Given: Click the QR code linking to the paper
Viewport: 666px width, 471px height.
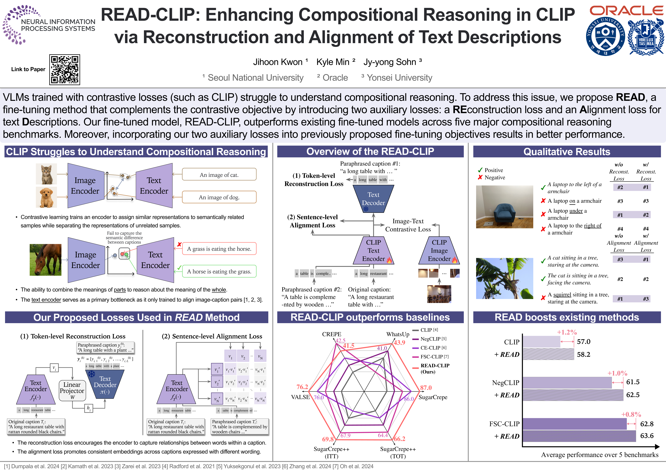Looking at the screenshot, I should click(x=64, y=70).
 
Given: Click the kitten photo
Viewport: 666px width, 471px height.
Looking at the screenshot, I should click(x=46, y=174).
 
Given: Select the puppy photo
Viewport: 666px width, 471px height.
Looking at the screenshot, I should click(x=46, y=197).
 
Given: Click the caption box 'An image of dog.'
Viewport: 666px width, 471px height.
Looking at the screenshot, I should click(x=219, y=197).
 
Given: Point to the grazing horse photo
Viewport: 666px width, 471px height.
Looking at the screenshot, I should click(x=46, y=259).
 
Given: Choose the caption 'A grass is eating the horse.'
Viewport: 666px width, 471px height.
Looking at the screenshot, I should click(x=219, y=249).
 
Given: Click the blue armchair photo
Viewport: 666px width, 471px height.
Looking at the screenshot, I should click(x=504, y=207).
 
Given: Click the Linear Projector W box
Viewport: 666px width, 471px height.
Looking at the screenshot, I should click(x=72, y=390).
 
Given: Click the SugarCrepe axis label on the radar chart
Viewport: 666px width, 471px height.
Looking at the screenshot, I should click(x=433, y=397).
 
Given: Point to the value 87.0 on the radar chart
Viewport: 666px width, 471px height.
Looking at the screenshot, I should click(x=426, y=388).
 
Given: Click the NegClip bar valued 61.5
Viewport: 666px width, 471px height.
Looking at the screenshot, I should click(x=567, y=383).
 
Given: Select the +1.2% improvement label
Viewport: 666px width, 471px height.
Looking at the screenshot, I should click(x=567, y=332).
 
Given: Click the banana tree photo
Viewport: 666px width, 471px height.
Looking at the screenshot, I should click(x=504, y=278).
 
